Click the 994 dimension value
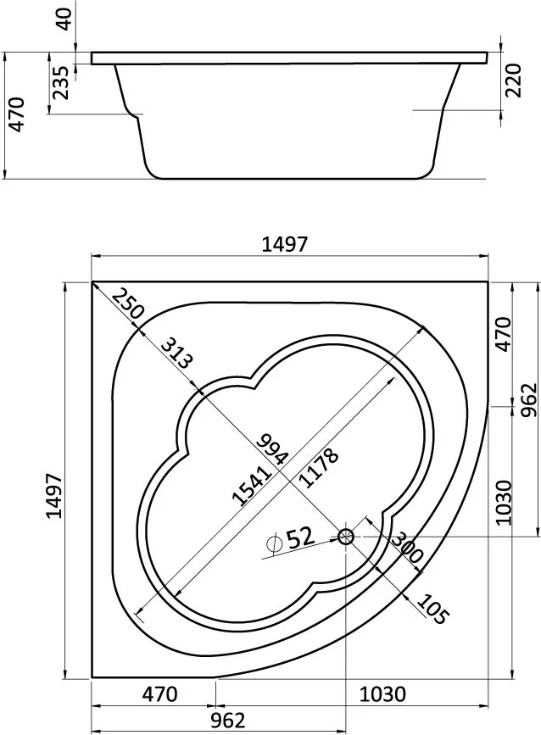tap(273, 448)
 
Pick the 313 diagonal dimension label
tap(176, 353)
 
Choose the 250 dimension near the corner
tap(127, 304)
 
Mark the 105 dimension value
tap(432, 610)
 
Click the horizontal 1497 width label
tap(285, 245)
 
